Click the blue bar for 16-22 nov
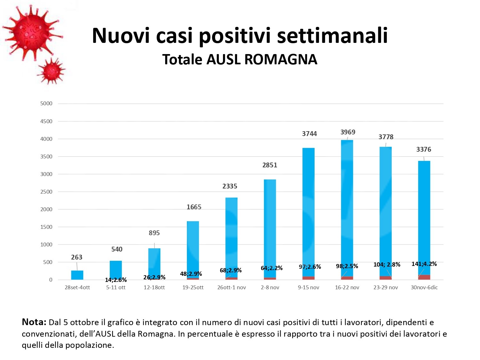click(347, 208)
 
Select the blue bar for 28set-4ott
click(77, 275)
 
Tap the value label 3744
click(309, 134)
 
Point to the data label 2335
click(230, 186)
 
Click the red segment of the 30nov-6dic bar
click(424, 277)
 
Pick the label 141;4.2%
click(424, 264)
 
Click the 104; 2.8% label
click(387, 265)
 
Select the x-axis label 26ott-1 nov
click(231, 287)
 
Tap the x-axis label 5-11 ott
click(116, 287)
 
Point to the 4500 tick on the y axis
click(46, 121)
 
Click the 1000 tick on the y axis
click(46, 244)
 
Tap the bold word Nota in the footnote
click(34, 322)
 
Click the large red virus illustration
click(32, 32)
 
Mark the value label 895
click(154, 233)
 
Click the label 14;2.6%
click(116, 280)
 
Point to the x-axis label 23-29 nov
click(386, 287)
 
